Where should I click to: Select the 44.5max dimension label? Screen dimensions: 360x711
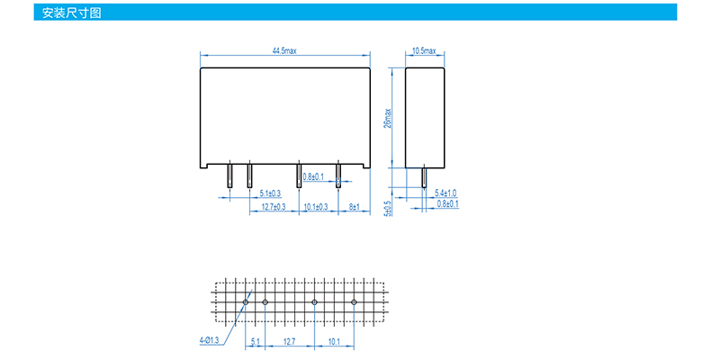pyautogui.click(x=285, y=50)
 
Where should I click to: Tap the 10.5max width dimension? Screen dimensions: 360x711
pyautogui.click(x=424, y=50)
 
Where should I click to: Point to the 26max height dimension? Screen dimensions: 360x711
pyautogui.click(x=388, y=118)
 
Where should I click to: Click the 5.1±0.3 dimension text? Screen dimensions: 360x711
pyautogui.click(x=270, y=193)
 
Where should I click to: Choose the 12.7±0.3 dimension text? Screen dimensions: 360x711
pyautogui.click(x=274, y=207)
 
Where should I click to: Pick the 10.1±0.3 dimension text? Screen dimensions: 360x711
pyautogui.click(x=317, y=207)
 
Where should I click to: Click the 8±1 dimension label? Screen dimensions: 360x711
pyautogui.click(x=354, y=207)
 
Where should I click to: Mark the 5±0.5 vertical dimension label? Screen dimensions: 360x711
pyautogui.click(x=388, y=208)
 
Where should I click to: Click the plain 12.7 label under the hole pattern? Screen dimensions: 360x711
pyautogui.click(x=290, y=342)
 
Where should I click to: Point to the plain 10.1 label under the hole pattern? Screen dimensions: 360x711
pyautogui.click(x=334, y=342)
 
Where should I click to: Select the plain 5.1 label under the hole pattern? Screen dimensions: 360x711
pyautogui.click(x=256, y=342)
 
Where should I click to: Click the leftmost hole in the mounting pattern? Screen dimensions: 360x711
pyautogui.click(x=246, y=301)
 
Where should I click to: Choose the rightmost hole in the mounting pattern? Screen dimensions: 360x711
pyautogui.click(x=355, y=301)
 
